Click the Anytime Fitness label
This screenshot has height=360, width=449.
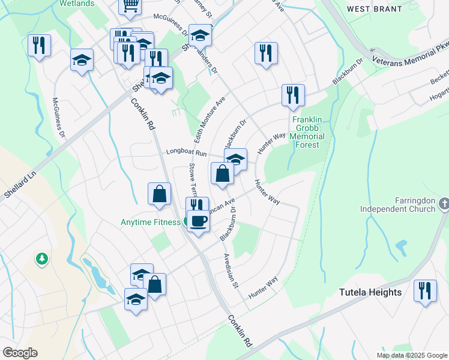click(151, 223)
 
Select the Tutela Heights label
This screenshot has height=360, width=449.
click(370, 292)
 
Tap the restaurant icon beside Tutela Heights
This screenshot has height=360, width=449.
click(426, 291)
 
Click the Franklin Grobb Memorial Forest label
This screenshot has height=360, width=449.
click(309, 128)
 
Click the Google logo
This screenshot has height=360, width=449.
click(20, 352)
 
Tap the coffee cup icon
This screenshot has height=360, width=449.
click(199, 221)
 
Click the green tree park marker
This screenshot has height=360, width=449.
click(42, 259)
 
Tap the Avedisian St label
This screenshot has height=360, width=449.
click(231, 269)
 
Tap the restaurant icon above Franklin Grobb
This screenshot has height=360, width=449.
click(293, 94)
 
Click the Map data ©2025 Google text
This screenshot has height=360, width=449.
click(412, 355)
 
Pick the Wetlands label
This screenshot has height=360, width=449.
click(77, 3)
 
